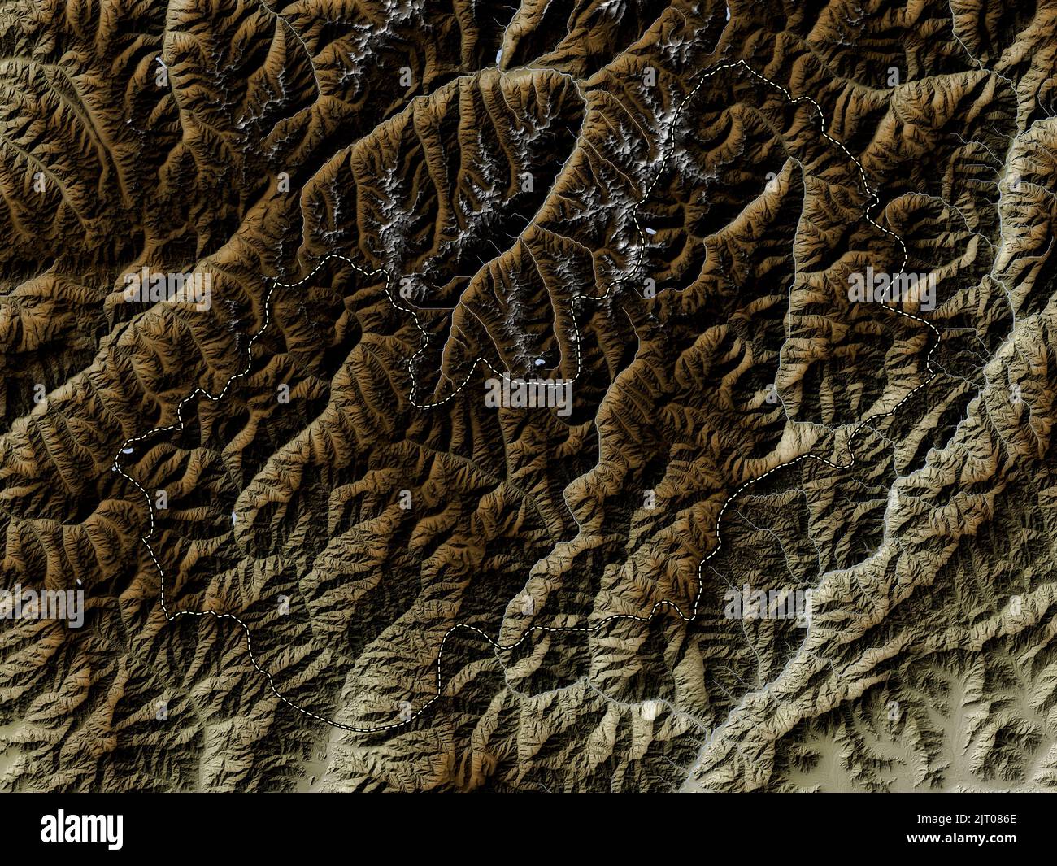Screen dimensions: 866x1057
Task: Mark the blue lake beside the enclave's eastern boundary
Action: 652,233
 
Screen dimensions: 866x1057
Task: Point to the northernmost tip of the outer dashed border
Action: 740,61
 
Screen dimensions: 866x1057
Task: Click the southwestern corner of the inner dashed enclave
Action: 415,402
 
